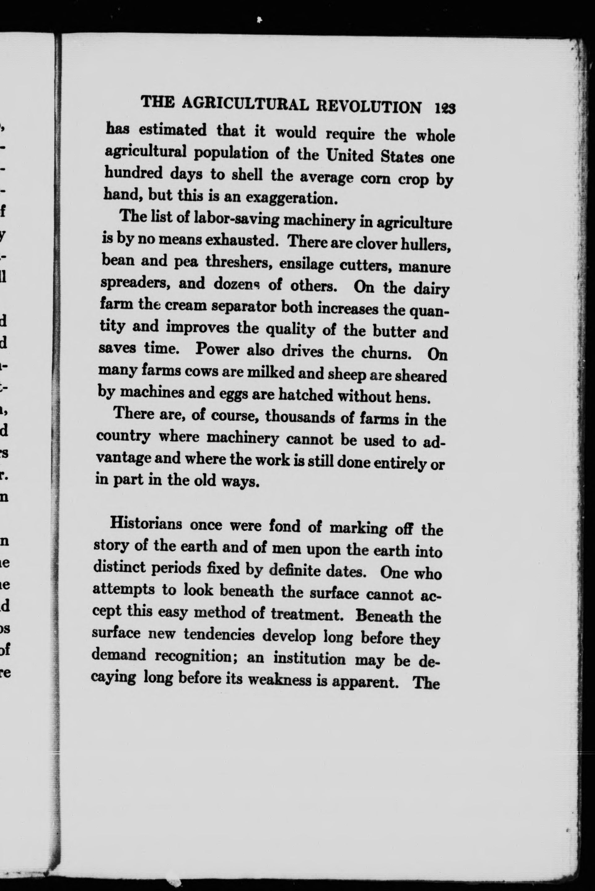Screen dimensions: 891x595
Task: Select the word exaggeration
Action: pos(291,198)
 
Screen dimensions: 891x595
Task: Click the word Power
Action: pos(217,349)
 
